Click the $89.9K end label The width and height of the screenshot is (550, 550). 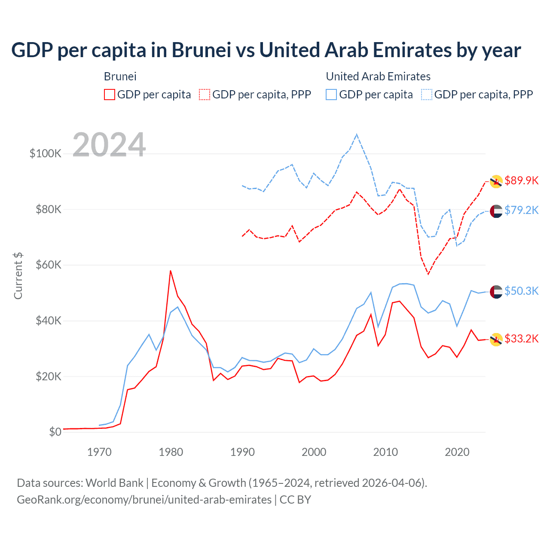coord(521,180)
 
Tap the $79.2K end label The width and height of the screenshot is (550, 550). coord(521,210)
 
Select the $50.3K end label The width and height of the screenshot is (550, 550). coord(521,291)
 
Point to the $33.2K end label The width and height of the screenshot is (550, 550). coord(521,339)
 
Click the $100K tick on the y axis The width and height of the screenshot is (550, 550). coord(46,154)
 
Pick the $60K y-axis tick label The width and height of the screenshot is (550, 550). coord(48,265)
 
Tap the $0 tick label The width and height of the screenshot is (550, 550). coord(55,432)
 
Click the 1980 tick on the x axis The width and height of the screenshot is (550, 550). coord(171,452)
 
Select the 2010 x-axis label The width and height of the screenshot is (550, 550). coord(385,452)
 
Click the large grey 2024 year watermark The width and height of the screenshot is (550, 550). coord(109,145)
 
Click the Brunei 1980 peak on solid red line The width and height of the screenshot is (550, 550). coord(171,271)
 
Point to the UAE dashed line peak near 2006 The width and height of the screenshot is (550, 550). coord(357,134)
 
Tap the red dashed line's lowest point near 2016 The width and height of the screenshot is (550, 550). coord(428,274)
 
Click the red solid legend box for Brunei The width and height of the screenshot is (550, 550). coord(110,95)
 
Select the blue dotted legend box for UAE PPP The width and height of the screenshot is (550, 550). coord(427,95)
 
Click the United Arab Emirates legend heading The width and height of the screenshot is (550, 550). coord(378,76)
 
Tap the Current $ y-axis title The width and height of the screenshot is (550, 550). coord(18,276)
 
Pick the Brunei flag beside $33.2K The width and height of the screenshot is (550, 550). coord(496,339)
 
